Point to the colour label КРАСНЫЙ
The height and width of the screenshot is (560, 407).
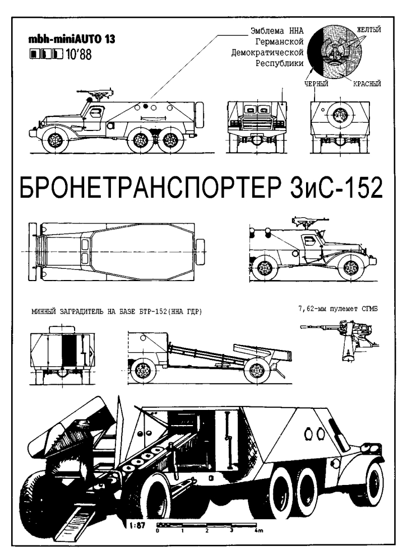367,84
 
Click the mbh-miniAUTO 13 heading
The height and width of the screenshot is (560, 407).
72,39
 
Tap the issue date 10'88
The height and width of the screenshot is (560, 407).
78,55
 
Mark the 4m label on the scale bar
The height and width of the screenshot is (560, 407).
258,530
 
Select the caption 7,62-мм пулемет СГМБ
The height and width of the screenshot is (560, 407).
338,309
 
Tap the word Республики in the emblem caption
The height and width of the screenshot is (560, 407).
279,64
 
